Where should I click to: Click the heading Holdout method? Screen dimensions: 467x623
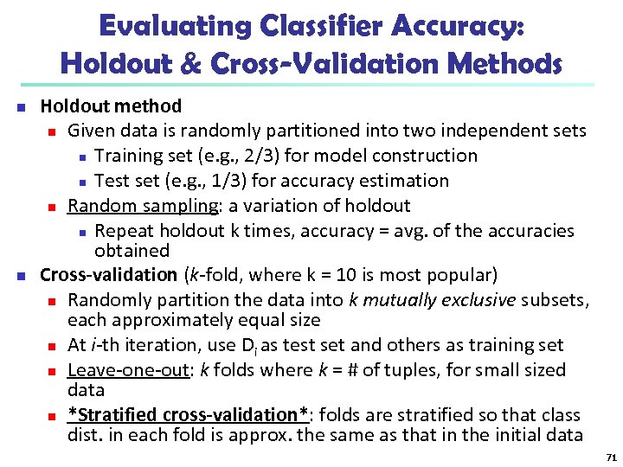111,106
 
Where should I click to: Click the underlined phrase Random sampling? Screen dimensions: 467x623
143,206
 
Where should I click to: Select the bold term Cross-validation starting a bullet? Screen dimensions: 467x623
108,275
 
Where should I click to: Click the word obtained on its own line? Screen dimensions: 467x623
132,251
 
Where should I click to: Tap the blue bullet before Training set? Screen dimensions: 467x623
81,157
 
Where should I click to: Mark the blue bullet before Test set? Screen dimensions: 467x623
81,182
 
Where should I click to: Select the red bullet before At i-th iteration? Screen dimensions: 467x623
52,346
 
